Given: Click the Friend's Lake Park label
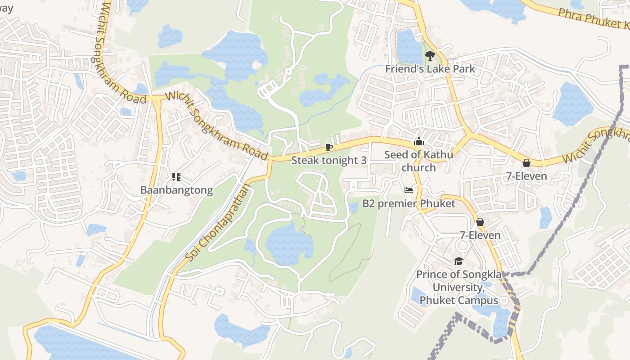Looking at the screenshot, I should [430, 69].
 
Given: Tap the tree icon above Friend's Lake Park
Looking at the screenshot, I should [430, 56].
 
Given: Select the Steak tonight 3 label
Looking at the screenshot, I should [329, 160].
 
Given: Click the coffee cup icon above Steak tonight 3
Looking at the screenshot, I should [329, 147].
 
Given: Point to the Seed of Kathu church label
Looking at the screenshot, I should [418, 161].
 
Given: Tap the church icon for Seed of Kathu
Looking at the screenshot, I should [419, 142].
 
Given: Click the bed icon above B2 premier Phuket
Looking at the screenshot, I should [409, 190].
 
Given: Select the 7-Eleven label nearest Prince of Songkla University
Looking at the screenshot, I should [480, 235].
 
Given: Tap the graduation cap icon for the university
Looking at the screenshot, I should [459, 261].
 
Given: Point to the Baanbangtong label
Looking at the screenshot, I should [176, 190].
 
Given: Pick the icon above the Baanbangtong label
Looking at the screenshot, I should [176, 177].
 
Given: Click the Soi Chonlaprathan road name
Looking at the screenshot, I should [217, 222].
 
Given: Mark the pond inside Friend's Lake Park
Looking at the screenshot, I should [409, 46].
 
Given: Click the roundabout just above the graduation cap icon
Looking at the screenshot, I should [462, 245].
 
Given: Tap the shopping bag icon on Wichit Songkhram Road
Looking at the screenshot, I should [526, 163].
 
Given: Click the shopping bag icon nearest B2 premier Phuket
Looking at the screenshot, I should [480, 222].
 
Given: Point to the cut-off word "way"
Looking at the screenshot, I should [6, 8].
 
